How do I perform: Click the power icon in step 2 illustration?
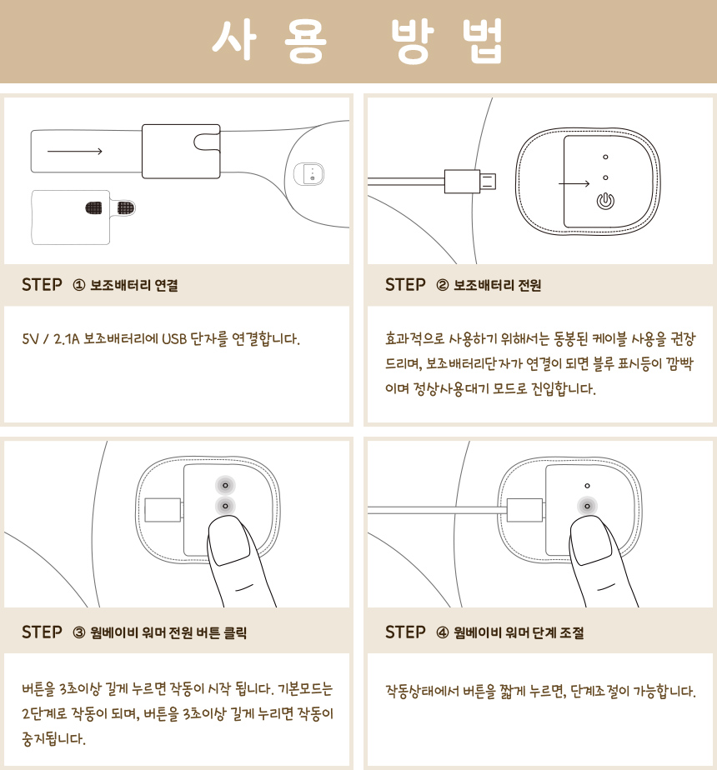coord(605,201)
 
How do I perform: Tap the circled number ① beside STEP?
coord(78,285)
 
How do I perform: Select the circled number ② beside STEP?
coord(443,285)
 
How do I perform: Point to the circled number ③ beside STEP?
coord(78,632)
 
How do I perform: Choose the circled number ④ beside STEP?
coord(443,632)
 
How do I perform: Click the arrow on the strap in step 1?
coord(75,152)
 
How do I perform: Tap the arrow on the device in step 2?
coord(574,183)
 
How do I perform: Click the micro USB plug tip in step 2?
coord(488,181)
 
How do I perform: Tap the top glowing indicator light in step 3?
coord(225,485)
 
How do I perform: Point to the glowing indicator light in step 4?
coord(587,506)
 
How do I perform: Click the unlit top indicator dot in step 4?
coord(587,486)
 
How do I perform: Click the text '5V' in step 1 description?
coord(29,339)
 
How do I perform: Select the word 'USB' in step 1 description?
coord(174,339)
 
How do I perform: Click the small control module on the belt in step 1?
coord(309,174)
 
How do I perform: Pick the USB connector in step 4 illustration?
coord(525,510)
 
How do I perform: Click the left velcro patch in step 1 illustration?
coord(94,208)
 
